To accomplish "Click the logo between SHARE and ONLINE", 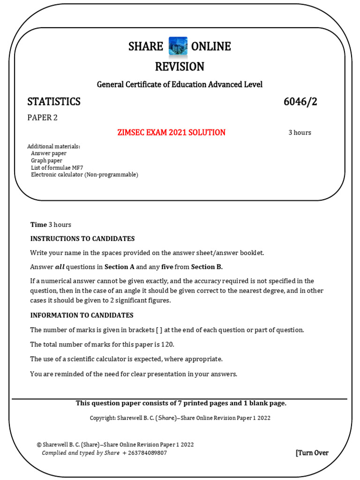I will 178,47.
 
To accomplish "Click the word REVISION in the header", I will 180,67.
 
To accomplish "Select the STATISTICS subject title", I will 54,102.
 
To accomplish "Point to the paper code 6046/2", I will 300,102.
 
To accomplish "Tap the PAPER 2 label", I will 42,118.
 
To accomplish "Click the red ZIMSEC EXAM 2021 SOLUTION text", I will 171,133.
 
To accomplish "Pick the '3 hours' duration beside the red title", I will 300,133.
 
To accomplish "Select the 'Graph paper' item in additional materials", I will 46,160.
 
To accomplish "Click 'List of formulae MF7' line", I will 57,167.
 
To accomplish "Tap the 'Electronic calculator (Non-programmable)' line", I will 84,174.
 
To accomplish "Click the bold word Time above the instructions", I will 38,225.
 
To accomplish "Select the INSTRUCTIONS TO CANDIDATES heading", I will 82,239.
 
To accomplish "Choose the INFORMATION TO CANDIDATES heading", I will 82,315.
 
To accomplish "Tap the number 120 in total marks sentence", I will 167,345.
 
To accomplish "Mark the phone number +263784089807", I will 144,453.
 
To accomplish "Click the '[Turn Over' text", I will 312,453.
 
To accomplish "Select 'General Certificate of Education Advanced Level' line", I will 180,84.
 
